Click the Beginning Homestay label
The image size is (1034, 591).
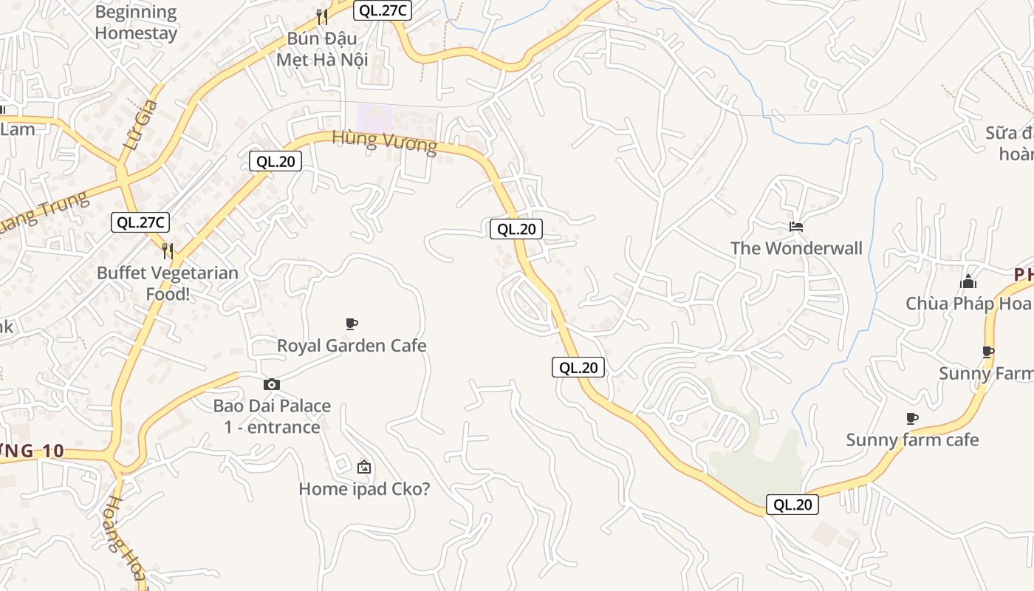[136, 23]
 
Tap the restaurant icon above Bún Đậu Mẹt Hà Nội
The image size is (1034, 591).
[321, 16]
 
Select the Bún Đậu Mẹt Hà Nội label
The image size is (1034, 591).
[322, 49]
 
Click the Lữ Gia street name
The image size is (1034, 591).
[141, 124]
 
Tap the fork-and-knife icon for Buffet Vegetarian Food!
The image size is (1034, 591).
[168, 251]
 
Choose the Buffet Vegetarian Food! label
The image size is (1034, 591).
[168, 283]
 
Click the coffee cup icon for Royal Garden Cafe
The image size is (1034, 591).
[352, 324]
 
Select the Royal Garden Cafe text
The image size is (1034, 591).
[352, 345]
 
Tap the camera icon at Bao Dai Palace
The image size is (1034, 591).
[272, 384]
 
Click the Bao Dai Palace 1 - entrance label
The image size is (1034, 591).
[273, 416]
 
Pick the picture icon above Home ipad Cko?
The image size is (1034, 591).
[363, 467]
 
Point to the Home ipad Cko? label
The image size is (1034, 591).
[364, 488]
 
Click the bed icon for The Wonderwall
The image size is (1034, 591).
[796, 227]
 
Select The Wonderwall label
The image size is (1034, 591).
[796, 248]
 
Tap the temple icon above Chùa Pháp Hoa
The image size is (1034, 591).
[968, 281]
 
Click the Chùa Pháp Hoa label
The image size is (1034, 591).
[968, 304]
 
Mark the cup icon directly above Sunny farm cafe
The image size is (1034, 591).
[912, 419]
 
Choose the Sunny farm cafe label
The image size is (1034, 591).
[912, 440]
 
